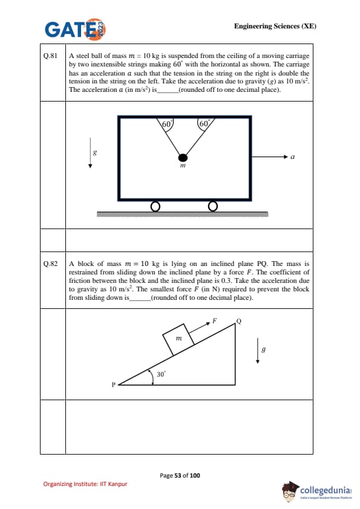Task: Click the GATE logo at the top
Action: coord(76,29)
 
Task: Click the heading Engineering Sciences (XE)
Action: coord(275,26)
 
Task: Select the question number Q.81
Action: coord(50,56)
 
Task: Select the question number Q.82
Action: coord(50,264)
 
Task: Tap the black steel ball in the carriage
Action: coord(183,158)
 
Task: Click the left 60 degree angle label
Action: coord(166,124)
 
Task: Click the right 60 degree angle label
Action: coord(204,124)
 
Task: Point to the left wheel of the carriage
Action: coord(155,207)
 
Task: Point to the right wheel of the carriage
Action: coord(212,206)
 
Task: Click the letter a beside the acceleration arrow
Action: coord(292,157)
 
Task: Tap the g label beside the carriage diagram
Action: coord(95,152)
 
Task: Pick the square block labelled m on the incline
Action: coord(178,339)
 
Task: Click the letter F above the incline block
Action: coord(214,321)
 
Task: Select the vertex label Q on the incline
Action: coord(239,322)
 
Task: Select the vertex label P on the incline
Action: coord(113,384)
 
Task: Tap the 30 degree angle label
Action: coord(161,374)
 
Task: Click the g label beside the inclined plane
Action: coord(264,349)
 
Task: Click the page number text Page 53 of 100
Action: coord(180,476)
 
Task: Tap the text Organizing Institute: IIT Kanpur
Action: coord(85,484)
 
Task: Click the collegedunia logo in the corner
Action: coord(317,490)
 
